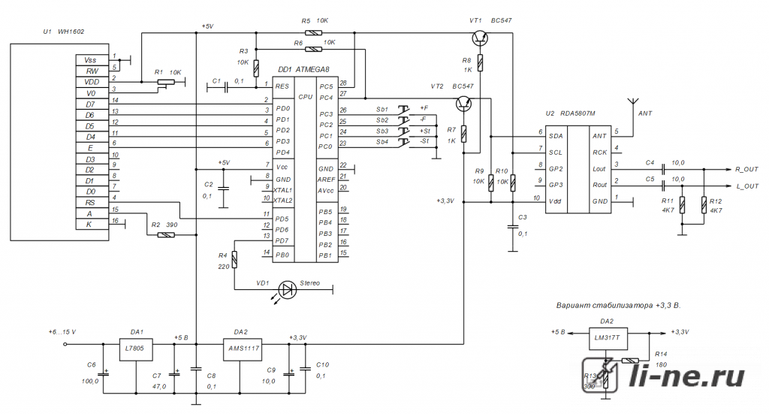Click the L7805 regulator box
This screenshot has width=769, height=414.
coord(135,349)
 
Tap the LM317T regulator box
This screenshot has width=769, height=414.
coord(608,338)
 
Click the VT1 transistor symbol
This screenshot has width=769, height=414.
coord(480,38)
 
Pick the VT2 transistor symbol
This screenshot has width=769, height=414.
coord(463,103)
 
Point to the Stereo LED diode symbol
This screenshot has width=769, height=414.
coord(288,289)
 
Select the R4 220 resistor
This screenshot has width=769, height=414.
coord(234,259)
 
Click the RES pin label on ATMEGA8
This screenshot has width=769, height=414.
coord(282,86)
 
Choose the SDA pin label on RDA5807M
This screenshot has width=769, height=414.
coord(556,136)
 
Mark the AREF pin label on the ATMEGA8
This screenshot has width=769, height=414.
coord(326,180)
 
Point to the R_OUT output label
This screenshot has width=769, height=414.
coord(746,169)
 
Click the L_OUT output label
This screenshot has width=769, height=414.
coord(747,186)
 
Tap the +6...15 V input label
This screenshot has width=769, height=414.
coord(62,332)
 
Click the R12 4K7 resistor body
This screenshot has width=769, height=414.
coord(704,204)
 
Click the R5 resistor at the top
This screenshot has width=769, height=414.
coord(313,33)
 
